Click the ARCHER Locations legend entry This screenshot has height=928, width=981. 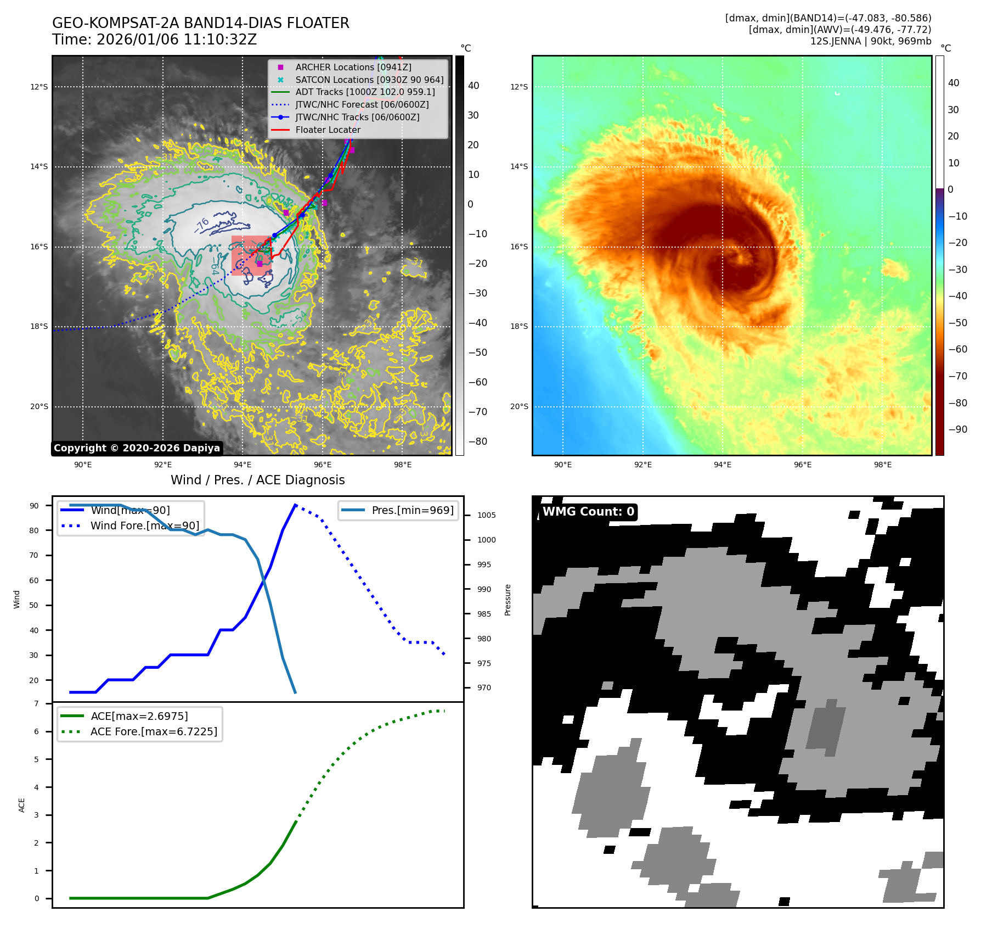pyautogui.click(x=353, y=67)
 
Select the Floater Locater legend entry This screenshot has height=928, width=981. pyautogui.click(x=328, y=130)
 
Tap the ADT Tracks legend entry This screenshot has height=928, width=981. pyautogui.click(x=365, y=92)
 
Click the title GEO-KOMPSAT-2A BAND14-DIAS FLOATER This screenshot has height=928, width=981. pyautogui.click(x=200, y=24)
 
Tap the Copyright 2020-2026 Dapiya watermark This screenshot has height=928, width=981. pyautogui.click(x=137, y=448)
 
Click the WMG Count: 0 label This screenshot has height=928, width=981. pyautogui.click(x=588, y=512)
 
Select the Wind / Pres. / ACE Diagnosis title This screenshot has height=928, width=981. pyautogui.click(x=257, y=480)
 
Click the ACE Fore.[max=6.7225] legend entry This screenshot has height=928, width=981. pyautogui.click(x=154, y=731)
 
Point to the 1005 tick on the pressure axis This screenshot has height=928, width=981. pyautogui.click(x=486, y=515)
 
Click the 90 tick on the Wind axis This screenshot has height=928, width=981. pyautogui.click(x=34, y=506)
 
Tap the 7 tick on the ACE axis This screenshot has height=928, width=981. pyautogui.click(x=37, y=703)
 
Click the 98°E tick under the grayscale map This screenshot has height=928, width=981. pyautogui.click(x=402, y=465)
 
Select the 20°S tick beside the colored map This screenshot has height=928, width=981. pyautogui.click(x=519, y=407)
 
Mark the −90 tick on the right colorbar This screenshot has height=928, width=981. pyautogui.click(x=958, y=429)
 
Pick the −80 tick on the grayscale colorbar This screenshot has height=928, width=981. pyautogui.click(x=477, y=441)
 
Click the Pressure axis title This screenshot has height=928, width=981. pyautogui.click(x=508, y=600)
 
